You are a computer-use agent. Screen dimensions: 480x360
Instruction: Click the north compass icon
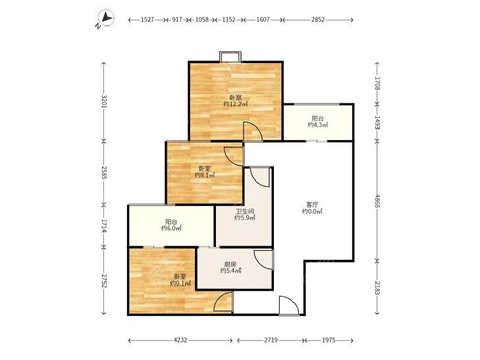tap(105, 18)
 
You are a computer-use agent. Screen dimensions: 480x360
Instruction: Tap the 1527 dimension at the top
tap(147, 20)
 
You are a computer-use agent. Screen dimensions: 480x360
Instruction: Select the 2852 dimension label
tap(318, 20)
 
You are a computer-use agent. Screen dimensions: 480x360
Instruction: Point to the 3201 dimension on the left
tap(105, 102)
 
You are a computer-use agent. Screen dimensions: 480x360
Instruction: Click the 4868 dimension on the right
tap(377, 201)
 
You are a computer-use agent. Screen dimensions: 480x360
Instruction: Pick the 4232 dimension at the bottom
tap(180, 340)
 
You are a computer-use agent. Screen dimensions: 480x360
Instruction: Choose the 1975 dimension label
tap(329, 340)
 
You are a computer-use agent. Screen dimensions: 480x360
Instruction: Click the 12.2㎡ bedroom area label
tap(236, 104)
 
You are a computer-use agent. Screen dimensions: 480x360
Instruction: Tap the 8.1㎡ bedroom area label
tap(205, 175)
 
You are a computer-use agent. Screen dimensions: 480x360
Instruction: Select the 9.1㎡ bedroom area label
tap(180, 284)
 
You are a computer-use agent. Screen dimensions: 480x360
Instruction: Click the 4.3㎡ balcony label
tap(318, 125)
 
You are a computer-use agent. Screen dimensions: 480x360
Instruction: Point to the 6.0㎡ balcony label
tap(171, 228)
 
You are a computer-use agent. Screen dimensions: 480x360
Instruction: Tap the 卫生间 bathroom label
tap(244, 211)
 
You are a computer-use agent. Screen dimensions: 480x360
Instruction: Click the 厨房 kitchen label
tap(230, 265)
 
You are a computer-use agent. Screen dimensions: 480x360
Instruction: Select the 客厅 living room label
tap(312, 205)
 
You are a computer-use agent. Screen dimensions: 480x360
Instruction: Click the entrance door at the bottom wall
tap(289, 305)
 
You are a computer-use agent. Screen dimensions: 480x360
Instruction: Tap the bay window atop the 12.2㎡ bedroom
tap(230, 57)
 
